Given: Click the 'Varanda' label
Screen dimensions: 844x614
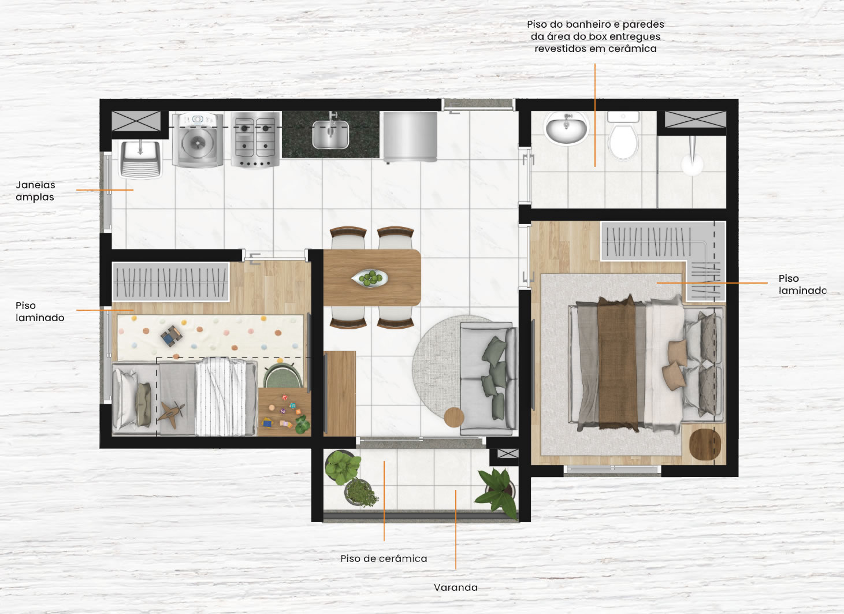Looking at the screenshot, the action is point(456,587).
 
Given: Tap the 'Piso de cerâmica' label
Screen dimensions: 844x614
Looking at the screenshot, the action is point(384,558).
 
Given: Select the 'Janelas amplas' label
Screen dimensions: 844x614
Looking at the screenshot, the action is point(35,191).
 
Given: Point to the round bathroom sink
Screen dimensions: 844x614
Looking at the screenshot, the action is point(566,128).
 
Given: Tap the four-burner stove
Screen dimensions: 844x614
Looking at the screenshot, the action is point(255,139).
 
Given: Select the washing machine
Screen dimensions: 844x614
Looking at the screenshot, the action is point(198,140).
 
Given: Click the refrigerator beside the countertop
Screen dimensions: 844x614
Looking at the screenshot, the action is point(410,137).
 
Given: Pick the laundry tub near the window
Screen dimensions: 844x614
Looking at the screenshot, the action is point(140,159).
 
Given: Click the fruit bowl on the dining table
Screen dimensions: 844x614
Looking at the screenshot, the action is point(370,278).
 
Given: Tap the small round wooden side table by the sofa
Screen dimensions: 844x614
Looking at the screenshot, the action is point(454,417).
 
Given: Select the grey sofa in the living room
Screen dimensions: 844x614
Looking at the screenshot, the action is point(488,378).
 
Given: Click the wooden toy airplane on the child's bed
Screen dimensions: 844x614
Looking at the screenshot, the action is point(172,414).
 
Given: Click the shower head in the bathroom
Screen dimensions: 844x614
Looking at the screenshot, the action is point(693,158).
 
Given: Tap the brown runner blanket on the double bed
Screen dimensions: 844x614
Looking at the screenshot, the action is point(618,364).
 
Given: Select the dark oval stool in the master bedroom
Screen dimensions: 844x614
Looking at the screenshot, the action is point(705,444).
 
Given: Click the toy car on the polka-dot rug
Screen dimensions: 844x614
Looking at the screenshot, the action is point(172,336).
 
